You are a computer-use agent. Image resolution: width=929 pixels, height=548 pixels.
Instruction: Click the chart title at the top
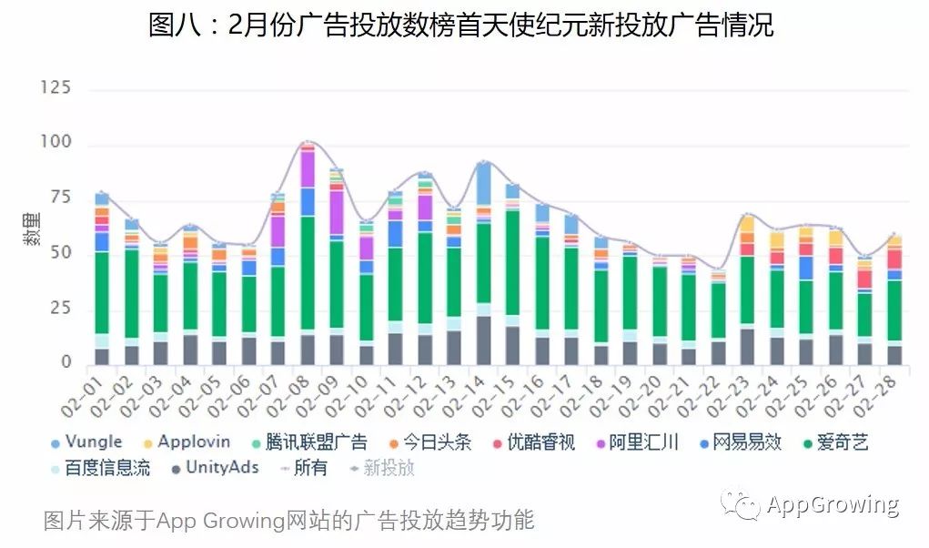click(460, 25)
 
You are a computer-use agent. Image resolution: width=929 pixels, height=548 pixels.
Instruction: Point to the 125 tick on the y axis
click(56, 88)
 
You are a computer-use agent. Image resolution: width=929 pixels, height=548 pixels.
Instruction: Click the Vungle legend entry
click(86, 442)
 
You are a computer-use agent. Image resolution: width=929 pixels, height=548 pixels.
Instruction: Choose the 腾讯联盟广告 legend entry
click(308, 443)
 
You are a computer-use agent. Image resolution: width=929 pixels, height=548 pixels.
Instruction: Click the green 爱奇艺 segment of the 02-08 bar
click(308, 273)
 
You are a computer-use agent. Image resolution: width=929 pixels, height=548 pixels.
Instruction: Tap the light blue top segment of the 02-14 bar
click(484, 182)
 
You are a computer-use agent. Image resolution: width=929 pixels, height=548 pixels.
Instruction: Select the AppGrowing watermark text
click(833, 505)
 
